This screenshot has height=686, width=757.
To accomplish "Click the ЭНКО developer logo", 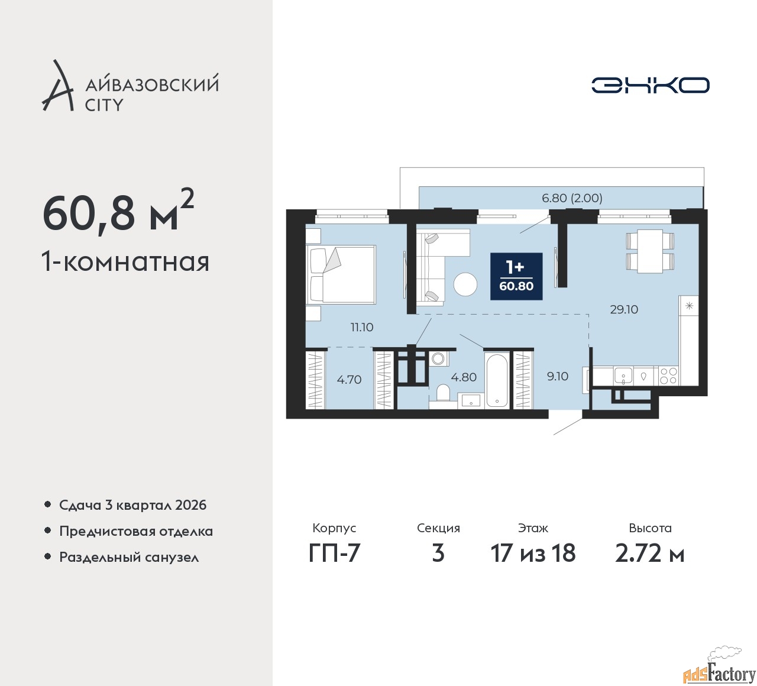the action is pos(650,85).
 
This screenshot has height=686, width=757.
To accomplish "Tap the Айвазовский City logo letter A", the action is pos(57,85).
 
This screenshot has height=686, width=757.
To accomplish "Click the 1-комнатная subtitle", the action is pos(125,263).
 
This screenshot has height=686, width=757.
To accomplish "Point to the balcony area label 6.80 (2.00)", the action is pos(572,198).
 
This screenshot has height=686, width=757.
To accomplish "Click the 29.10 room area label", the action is pos(624,309).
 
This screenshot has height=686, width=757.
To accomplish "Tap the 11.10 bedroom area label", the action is pos(362,327).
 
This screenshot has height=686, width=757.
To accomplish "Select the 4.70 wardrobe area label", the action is pos(349,380).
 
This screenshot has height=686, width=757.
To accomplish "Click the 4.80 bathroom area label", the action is pos(464,377).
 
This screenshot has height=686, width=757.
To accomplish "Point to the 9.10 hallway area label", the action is pos(557,376).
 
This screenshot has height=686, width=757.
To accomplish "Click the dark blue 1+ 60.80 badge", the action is pos(516,277).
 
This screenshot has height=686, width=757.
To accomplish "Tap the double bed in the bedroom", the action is pos(341,274).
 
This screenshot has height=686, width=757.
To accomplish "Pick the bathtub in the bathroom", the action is pos(496,380).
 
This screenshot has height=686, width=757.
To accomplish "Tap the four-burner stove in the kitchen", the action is pos(668,376).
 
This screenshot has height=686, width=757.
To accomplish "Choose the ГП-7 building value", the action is pos(334,553).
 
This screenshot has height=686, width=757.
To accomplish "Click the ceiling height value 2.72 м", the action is pos(650,553).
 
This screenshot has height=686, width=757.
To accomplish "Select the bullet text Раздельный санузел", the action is pos(129,557).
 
